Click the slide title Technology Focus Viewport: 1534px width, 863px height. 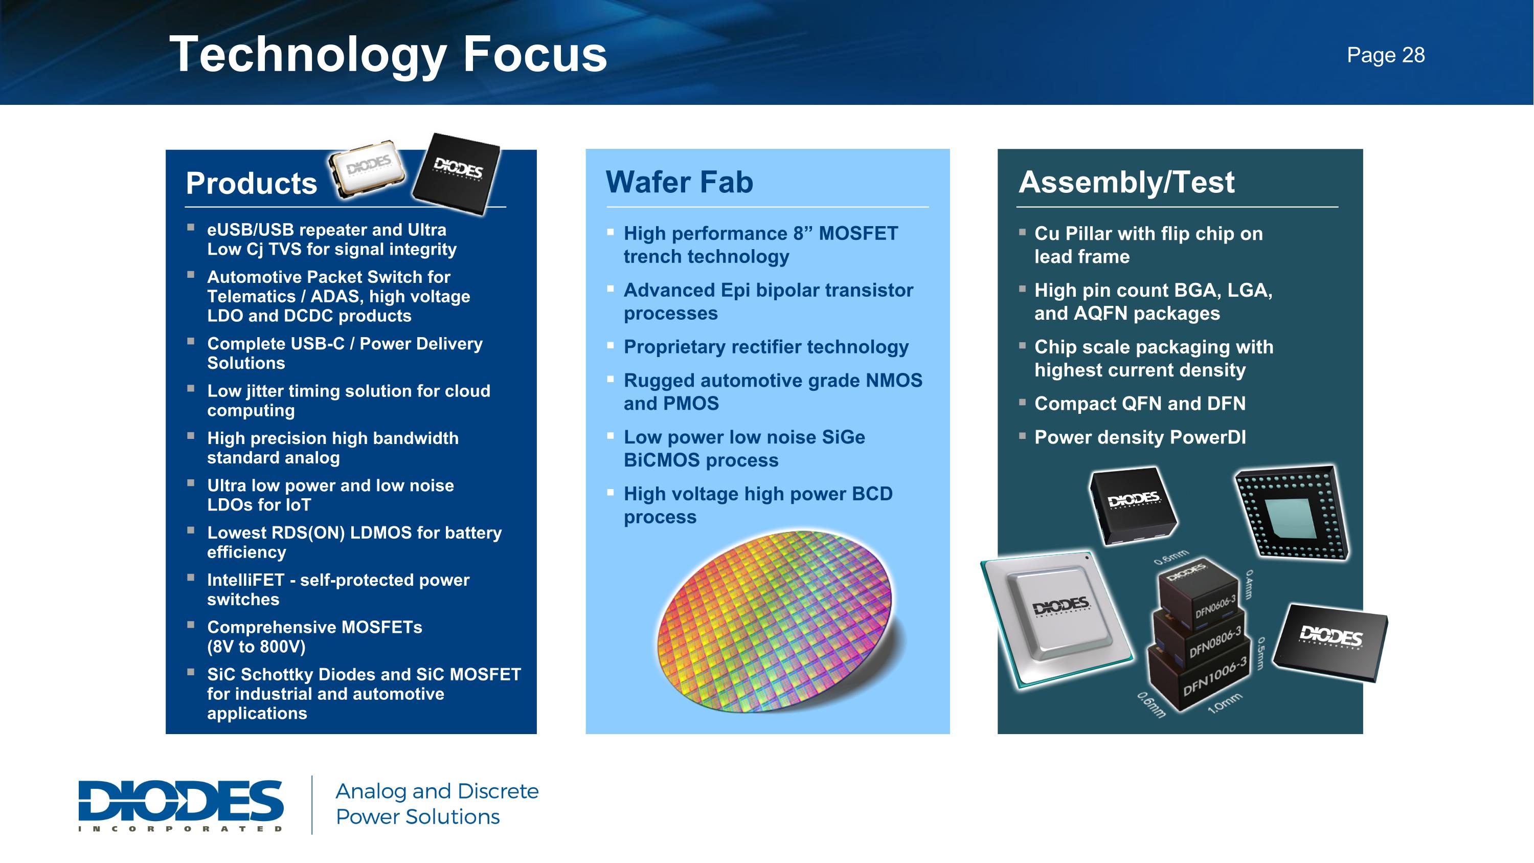pyautogui.click(x=388, y=55)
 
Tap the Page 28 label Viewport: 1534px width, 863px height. pyautogui.click(x=1385, y=55)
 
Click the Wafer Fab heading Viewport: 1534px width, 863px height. pyautogui.click(x=679, y=182)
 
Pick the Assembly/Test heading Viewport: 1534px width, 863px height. pyautogui.click(x=1126, y=182)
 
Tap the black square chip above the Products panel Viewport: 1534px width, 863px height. pyautogui.click(x=457, y=173)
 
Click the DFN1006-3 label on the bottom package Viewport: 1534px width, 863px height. pyautogui.click(x=1214, y=677)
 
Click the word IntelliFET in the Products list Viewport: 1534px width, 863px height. pyautogui.click(x=245, y=580)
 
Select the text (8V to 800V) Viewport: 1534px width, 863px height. pyautogui.click(x=256, y=647)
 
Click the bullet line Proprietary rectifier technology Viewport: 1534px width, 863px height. pyautogui.click(x=766, y=347)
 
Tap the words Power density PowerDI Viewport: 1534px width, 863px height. pyautogui.click(x=1140, y=437)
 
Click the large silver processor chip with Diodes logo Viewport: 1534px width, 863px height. pyautogui.click(x=1058, y=619)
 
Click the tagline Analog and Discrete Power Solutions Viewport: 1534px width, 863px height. pyautogui.click(x=437, y=804)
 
